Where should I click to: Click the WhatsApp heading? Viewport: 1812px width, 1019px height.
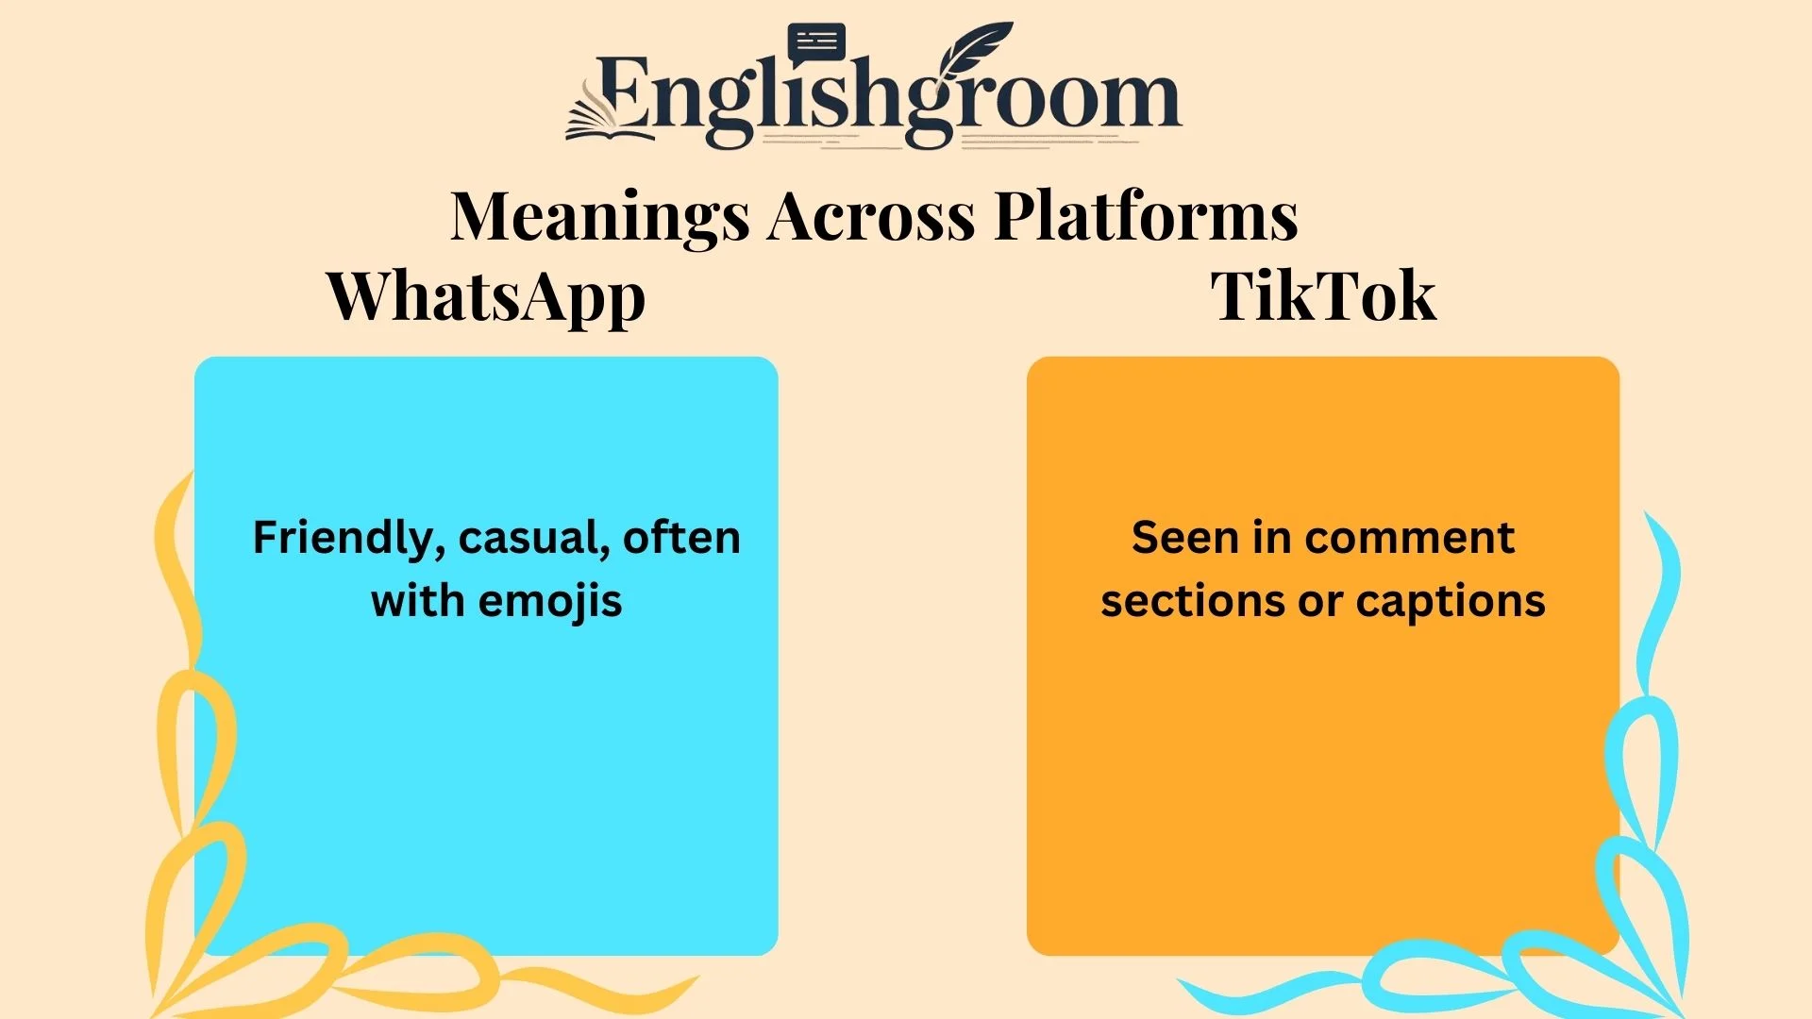[486, 297]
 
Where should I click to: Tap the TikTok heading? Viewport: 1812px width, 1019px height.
[1323, 297]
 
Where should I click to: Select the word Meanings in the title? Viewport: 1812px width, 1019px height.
[600, 217]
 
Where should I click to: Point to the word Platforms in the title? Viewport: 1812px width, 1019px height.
[1146, 217]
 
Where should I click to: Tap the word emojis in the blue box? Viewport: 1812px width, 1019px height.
[550, 601]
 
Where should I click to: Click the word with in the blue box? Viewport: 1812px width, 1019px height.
[416, 601]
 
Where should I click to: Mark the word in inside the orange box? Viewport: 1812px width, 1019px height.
[1272, 538]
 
